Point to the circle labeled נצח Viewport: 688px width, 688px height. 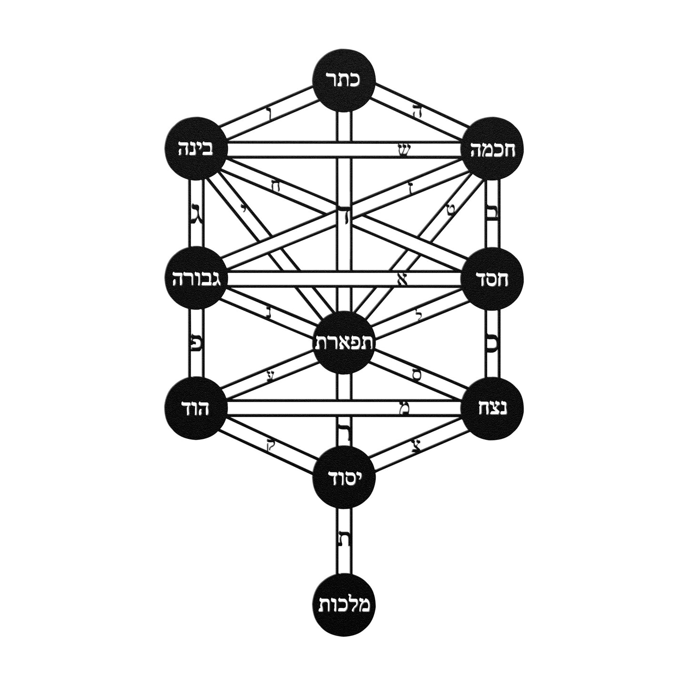click(x=493, y=408)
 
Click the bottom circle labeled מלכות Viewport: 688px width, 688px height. click(x=344, y=606)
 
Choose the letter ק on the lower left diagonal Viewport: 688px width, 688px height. click(x=270, y=447)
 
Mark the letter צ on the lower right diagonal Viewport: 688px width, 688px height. click(x=417, y=446)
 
